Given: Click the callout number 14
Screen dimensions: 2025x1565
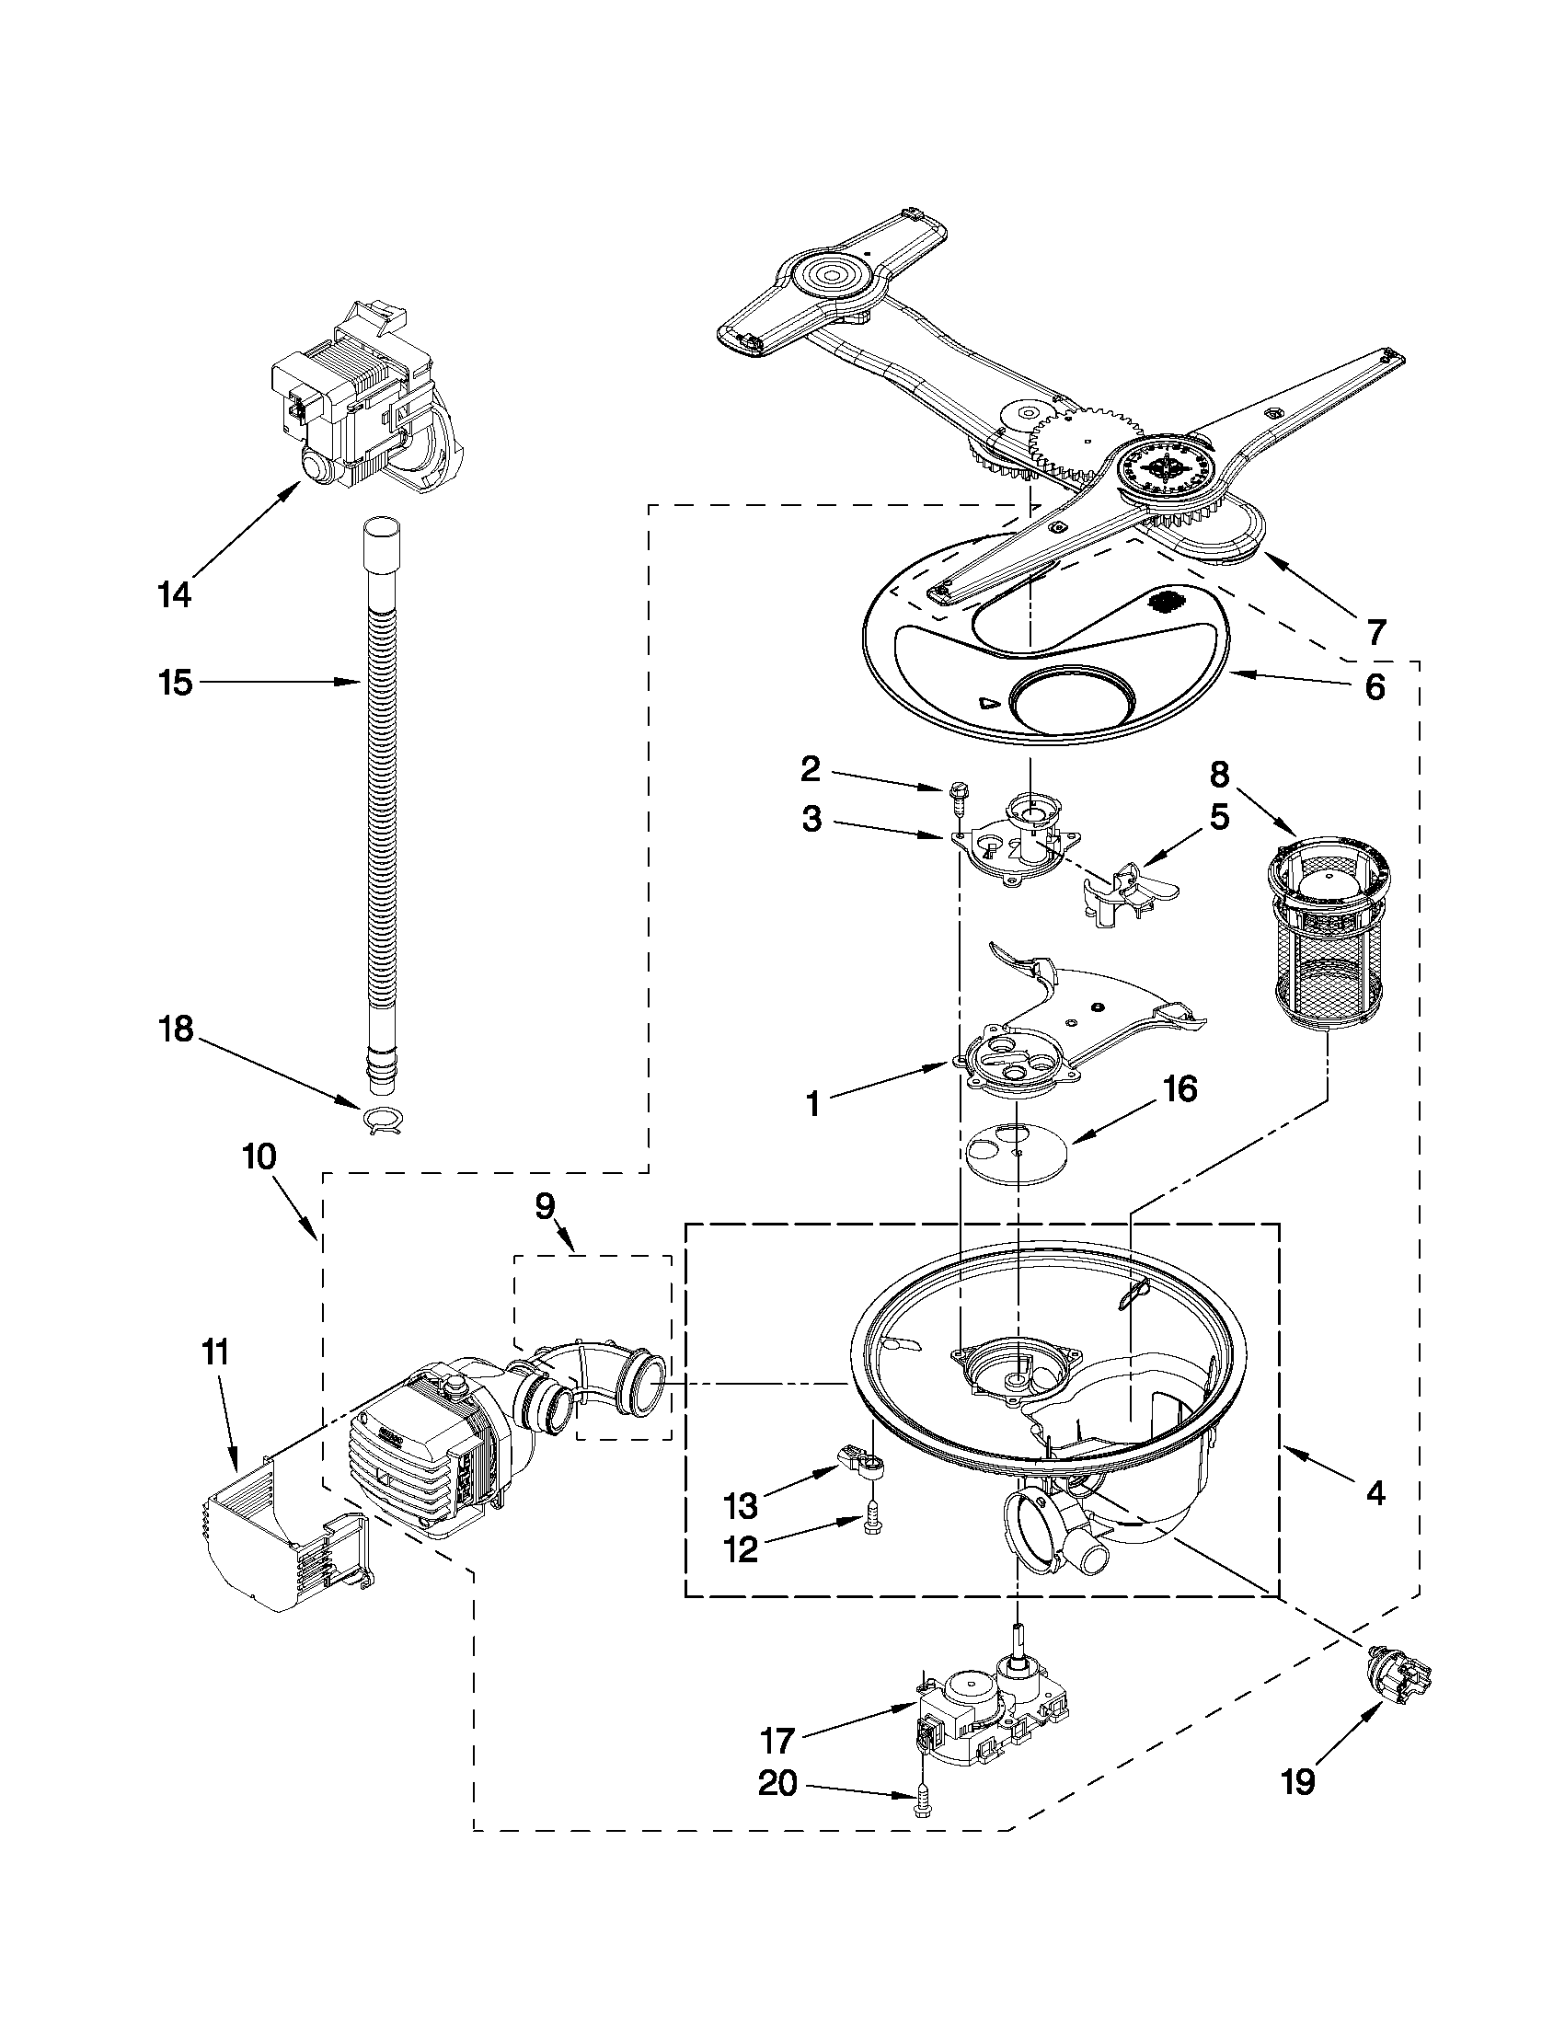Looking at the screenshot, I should click(x=174, y=594).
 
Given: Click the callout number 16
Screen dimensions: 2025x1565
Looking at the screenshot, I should click(x=1180, y=1090).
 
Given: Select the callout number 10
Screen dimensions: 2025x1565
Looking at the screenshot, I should click(x=260, y=1157).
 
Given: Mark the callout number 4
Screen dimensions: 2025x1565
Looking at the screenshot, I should click(x=1375, y=1492).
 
